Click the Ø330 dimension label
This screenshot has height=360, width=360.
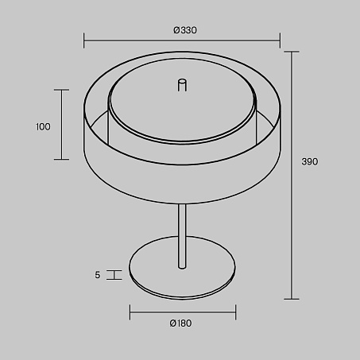coord(185,30)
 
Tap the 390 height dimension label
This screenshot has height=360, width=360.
coord(310,161)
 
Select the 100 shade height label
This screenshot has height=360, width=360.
coord(43,127)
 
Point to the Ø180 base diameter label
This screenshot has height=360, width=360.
coord(180,323)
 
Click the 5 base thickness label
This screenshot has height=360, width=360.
coord(98,275)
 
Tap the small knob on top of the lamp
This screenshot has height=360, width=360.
coord(182,85)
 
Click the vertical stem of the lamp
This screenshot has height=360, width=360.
coord(182,236)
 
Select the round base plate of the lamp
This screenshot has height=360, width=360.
coord(182,268)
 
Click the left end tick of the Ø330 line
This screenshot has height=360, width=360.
coord(84,41)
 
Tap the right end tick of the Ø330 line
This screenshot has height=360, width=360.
coord(280,41)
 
